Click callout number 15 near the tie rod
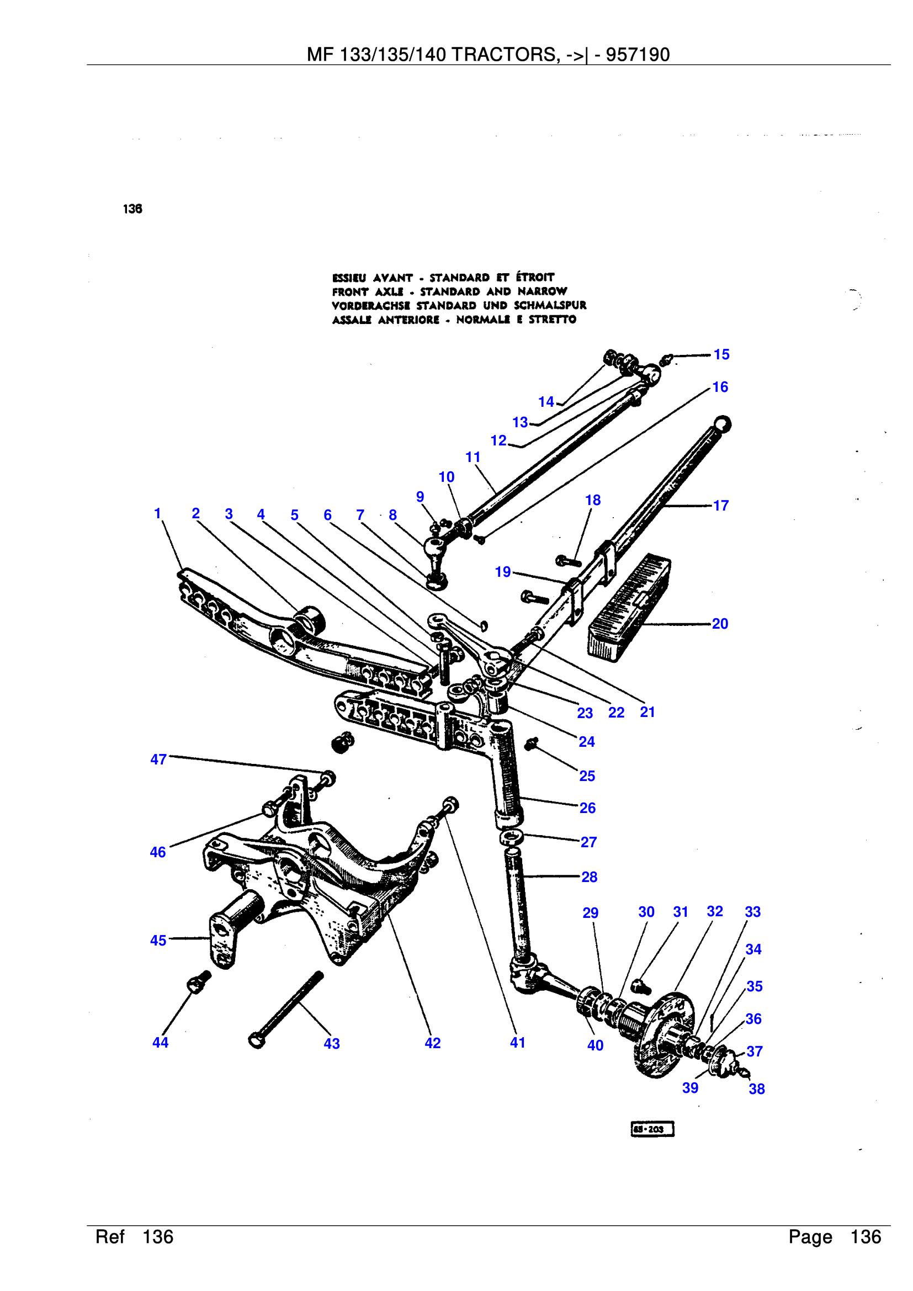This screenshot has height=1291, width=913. [721, 354]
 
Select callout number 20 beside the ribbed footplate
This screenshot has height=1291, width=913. [720, 624]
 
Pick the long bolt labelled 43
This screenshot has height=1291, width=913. [286, 1010]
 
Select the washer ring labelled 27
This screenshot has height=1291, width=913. [511, 837]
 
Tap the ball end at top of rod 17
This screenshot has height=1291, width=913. [723, 423]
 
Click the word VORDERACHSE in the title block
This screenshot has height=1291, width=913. [371, 305]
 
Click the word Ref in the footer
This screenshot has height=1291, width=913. [110, 1237]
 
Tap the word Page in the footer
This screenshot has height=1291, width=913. [810, 1237]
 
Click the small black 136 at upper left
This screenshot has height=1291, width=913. [132, 209]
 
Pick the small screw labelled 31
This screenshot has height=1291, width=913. [640, 986]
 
